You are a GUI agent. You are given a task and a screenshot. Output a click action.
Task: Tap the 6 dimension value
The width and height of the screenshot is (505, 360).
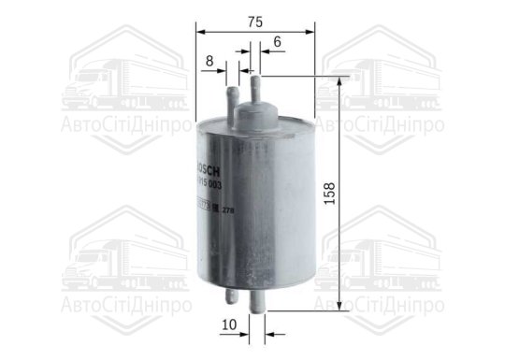pos(278,42)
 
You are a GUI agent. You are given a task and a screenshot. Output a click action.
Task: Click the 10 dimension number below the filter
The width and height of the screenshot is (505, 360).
pos(230,325)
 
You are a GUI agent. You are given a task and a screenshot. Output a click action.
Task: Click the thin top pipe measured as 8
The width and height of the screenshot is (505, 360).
pos(233,95)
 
